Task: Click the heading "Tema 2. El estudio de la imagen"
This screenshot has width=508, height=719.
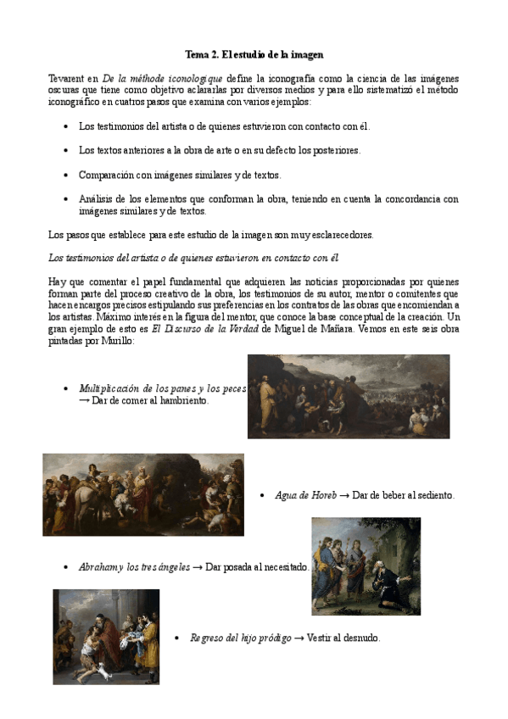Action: pyautogui.click(x=254, y=55)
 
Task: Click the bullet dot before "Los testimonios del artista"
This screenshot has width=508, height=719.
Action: pyautogui.click(x=67, y=126)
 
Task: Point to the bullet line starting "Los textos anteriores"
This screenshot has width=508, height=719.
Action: pyautogui.click(x=208, y=151)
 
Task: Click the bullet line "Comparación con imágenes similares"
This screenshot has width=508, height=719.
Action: pyautogui.click(x=180, y=176)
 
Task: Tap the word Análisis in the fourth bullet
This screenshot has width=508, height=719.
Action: pyautogui.click(x=96, y=199)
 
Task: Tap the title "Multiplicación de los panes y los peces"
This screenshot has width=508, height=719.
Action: pyautogui.click(x=162, y=388)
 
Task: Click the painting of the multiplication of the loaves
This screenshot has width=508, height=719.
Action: pyautogui.click(x=348, y=396)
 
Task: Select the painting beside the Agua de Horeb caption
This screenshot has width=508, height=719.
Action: pyautogui.click(x=143, y=494)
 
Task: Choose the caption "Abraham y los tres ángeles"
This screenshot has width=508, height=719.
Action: pyautogui.click(x=134, y=566)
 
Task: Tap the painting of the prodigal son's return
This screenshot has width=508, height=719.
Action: pyautogui.click(x=106, y=636)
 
